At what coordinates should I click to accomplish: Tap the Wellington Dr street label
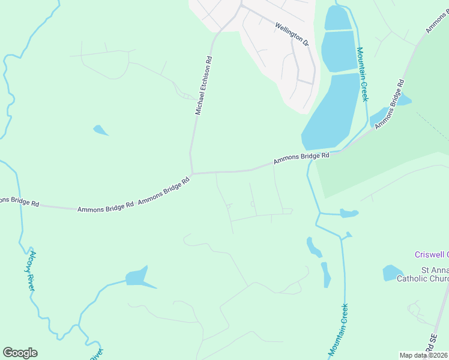[291, 35]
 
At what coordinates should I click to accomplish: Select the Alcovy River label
[32, 271]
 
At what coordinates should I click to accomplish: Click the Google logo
[20, 353]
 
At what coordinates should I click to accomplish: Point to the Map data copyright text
[424, 355]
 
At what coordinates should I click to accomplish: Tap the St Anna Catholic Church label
[423, 275]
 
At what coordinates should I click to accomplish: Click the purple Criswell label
[432, 254]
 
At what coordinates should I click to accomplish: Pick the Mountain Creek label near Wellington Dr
[362, 74]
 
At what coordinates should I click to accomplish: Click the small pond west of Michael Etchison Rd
[100, 130]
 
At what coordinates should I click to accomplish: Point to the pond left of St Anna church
[393, 273]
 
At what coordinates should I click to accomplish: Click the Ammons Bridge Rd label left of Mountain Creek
[301, 158]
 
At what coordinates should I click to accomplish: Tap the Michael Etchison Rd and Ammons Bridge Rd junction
[191, 173]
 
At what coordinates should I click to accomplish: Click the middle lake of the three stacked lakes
[339, 51]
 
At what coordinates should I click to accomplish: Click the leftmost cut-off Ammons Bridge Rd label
[18, 202]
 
